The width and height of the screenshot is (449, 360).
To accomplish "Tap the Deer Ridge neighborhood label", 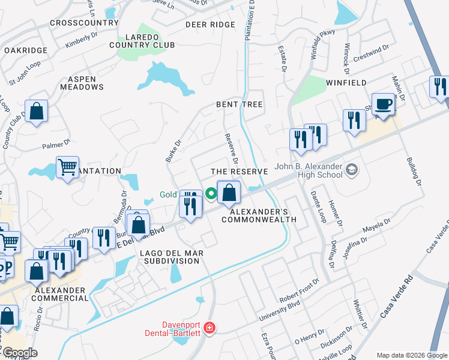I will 209,25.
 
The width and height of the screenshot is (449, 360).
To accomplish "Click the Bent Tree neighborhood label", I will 240,104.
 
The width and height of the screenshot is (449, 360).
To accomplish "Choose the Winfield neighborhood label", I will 346,82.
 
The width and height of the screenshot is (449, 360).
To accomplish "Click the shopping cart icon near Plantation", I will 68,167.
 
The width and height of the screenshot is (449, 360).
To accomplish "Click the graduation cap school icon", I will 351,170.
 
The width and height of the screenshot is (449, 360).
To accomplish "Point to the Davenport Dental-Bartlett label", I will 174,328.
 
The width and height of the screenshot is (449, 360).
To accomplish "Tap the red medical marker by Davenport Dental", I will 209,328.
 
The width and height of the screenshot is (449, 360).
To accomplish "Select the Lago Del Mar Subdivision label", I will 172,257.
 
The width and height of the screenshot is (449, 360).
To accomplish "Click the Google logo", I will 20,353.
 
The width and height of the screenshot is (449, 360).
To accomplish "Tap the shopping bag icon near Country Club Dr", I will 37,111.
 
